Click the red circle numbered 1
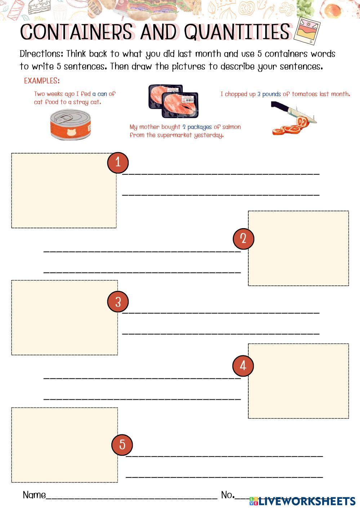tap(118, 163)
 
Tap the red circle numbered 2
tap(243, 239)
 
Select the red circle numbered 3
tap(118, 302)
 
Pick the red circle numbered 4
tap(243, 366)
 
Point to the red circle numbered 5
tap(122, 444)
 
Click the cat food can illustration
tap(71, 125)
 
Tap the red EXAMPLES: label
tap(42, 81)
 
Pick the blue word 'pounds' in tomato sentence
tap(271, 94)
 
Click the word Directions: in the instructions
tap(41, 54)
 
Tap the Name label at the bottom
tap(34, 495)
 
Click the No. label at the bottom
tap(228, 495)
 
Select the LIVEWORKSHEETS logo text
tap(306, 501)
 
